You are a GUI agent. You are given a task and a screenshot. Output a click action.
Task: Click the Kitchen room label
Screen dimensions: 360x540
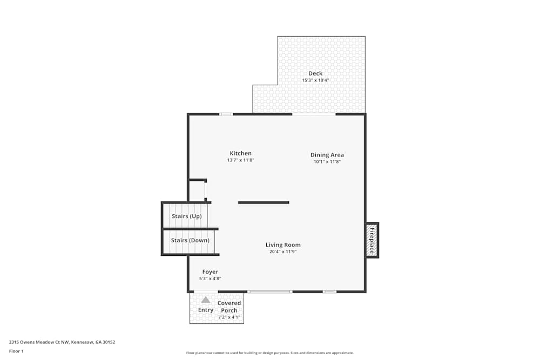[x=240, y=153]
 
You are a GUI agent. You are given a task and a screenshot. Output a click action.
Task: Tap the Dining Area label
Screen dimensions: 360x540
[x=327, y=155]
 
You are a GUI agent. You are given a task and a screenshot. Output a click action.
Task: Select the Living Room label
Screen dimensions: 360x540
[x=283, y=244]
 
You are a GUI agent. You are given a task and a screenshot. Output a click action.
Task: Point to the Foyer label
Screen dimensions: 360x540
[x=210, y=271]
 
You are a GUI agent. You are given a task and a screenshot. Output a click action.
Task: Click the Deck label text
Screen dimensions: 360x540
[x=315, y=73]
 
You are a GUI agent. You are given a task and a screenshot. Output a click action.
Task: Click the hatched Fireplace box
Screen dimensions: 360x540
[x=372, y=240]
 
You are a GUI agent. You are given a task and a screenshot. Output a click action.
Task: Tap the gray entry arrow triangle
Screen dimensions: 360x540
[x=206, y=300]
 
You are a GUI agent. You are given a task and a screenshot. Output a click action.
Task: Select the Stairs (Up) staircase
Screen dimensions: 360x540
[x=186, y=216]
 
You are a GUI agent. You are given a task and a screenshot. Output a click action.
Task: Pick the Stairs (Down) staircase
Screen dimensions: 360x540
[x=189, y=241]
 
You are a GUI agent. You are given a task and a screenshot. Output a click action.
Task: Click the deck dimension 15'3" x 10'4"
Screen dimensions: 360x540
[x=315, y=80]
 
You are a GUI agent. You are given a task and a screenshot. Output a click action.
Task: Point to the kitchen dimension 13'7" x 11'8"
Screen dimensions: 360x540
[x=240, y=160]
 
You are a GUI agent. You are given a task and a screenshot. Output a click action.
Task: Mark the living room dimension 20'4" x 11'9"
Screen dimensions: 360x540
[x=283, y=252]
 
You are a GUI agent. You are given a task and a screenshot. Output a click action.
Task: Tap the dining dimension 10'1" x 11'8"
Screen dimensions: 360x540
[x=327, y=161]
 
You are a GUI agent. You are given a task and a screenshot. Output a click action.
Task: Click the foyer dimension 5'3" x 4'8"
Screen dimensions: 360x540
[x=210, y=279]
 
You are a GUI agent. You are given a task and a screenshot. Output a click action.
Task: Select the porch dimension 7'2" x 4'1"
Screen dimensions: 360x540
[x=229, y=317]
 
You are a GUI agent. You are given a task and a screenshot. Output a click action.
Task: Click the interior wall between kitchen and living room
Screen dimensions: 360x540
[x=264, y=202]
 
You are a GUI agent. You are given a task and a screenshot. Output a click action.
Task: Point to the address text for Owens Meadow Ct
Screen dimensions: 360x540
[x=62, y=342]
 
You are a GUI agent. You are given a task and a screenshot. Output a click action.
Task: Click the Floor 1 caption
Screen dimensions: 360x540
[x=16, y=351]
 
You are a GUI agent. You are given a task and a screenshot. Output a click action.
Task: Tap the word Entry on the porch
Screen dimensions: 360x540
[x=206, y=310]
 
